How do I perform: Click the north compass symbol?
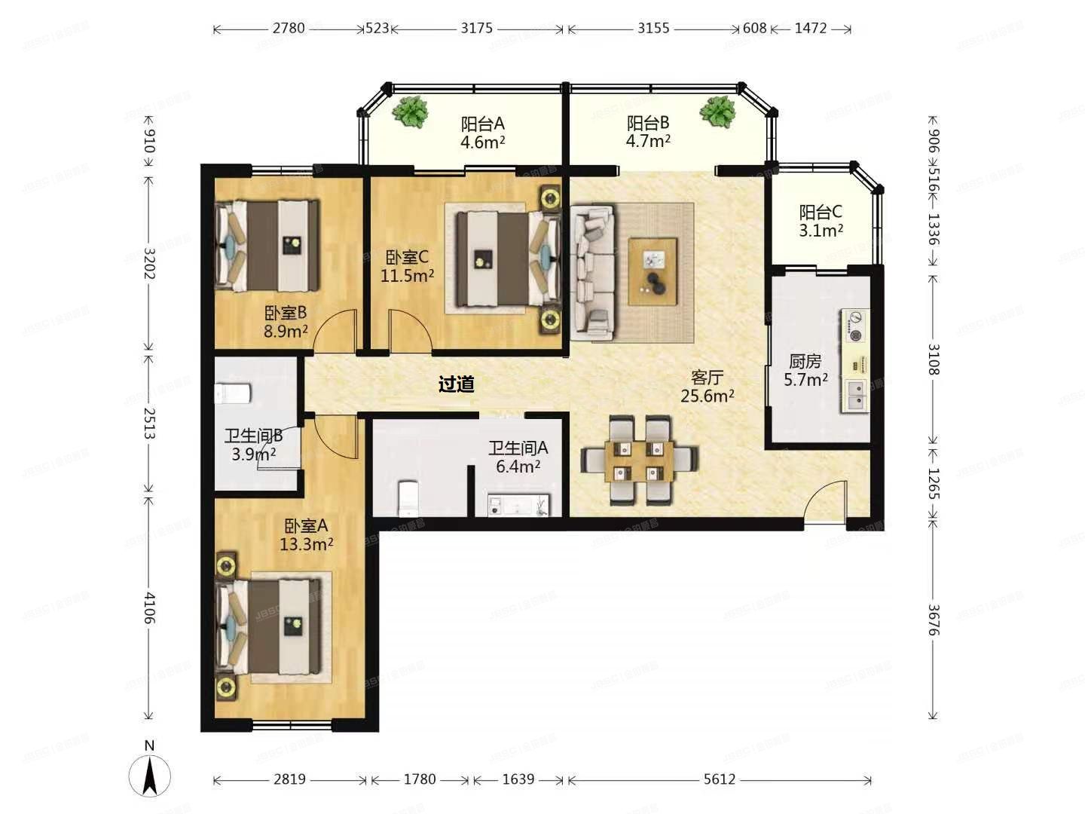(x=149, y=774)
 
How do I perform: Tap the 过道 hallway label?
(x=457, y=384)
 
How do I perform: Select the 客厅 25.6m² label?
(x=707, y=386)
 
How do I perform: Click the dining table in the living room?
(x=639, y=461)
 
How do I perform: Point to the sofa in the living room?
(x=593, y=272)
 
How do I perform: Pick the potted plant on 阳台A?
(x=411, y=112)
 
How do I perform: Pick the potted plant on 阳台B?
(x=717, y=112)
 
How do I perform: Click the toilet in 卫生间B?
(x=233, y=393)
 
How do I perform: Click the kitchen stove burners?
(x=855, y=326)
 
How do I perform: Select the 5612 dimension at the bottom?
(x=719, y=779)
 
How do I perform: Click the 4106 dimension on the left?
(x=149, y=607)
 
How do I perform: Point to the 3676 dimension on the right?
(x=933, y=620)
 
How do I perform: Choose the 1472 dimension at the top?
(x=811, y=29)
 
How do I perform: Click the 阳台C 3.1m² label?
(x=821, y=221)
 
